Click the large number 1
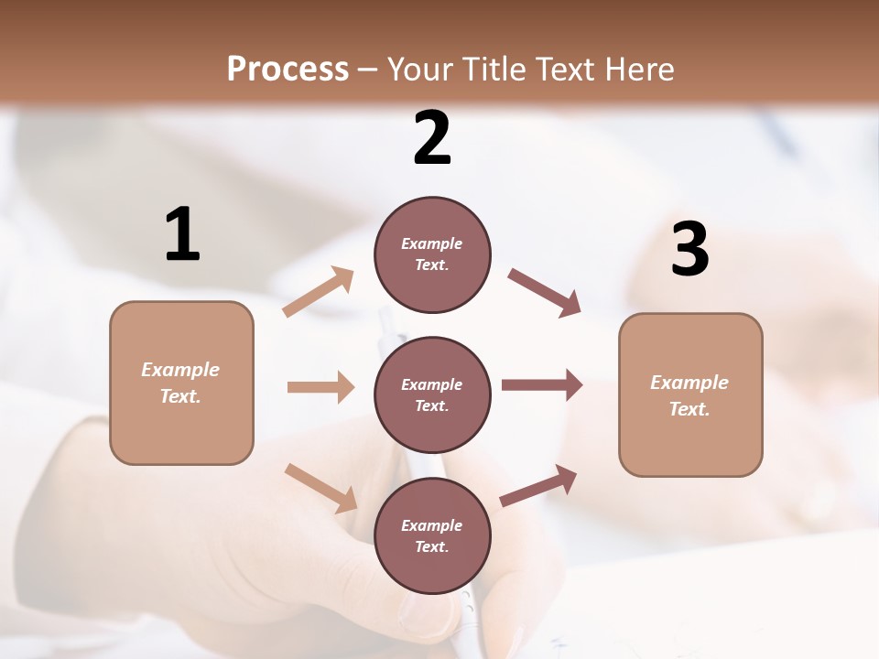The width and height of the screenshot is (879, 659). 182,234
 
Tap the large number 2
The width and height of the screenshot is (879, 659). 432,138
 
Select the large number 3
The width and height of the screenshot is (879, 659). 689,249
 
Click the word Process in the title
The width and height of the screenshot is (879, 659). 288,69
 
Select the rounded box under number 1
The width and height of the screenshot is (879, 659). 181,383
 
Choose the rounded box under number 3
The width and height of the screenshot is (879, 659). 690,394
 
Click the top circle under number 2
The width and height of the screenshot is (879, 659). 432,254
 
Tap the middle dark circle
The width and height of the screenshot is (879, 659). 432,394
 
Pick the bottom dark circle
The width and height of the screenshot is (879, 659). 432,535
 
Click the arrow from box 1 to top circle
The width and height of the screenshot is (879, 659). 319,292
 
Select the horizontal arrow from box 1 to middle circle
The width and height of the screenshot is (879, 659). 320,387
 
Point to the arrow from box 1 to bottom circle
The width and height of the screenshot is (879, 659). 320,488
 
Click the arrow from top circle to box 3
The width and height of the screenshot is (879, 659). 544,293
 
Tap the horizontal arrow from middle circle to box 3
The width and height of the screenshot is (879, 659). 542,385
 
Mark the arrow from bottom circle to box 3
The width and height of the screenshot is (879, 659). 538,486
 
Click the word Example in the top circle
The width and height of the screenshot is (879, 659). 432,243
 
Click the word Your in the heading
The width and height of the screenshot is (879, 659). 417,69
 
